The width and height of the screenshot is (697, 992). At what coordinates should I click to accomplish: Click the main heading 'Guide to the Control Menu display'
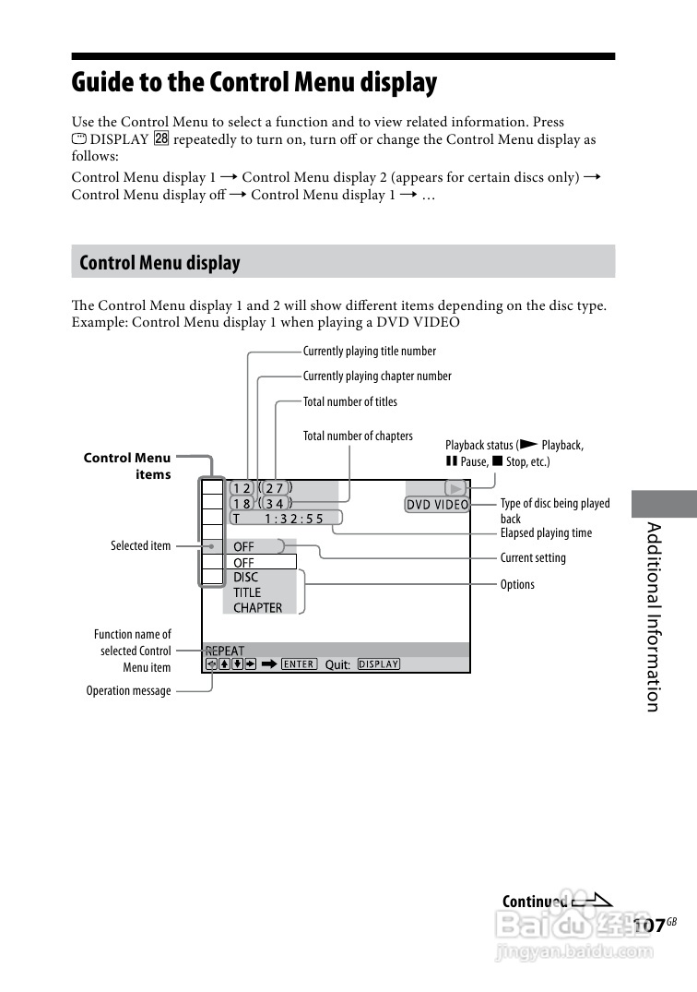tap(254, 83)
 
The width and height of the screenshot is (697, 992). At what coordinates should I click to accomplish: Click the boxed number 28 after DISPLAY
tap(161, 139)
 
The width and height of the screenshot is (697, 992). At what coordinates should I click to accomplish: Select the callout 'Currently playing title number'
tap(369, 352)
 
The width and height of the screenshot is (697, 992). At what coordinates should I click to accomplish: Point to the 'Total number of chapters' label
tap(358, 436)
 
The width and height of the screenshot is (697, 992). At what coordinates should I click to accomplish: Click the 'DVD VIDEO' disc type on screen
tap(438, 505)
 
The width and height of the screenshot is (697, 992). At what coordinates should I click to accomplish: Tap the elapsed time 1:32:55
tap(294, 519)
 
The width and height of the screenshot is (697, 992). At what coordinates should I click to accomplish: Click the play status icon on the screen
tap(455, 487)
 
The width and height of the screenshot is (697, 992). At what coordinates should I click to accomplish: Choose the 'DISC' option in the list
tap(246, 578)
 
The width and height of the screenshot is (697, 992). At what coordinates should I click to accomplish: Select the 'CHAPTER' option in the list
tap(258, 608)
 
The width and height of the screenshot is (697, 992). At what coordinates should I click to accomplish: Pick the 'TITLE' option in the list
tap(247, 592)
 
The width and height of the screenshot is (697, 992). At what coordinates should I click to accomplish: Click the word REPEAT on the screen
tap(225, 651)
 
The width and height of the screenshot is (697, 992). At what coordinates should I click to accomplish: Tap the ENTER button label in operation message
tap(299, 663)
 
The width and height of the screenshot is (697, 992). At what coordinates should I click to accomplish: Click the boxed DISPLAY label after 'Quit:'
tap(378, 663)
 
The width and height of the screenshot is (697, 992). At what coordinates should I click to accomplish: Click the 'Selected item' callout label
tap(141, 546)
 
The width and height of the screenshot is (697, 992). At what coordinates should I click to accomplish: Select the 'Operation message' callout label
tap(129, 691)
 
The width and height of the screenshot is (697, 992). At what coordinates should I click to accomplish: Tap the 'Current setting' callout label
tap(533, 558)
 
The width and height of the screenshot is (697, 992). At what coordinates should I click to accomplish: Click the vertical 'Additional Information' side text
tap(653, 616)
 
